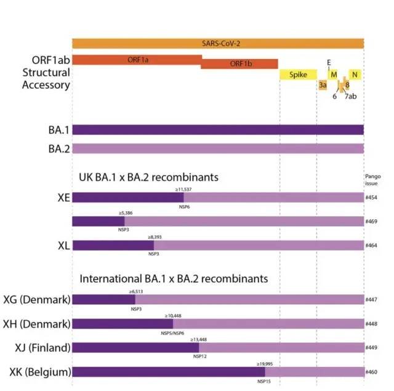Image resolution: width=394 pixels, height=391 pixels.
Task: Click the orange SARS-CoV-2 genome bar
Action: point(217,44)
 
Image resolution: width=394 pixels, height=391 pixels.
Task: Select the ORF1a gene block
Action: point(137,59)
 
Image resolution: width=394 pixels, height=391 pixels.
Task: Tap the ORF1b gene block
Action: point(239,64)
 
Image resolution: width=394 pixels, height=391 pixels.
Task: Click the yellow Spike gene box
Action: point(298,75)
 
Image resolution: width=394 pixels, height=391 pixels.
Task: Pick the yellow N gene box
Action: point(354,75)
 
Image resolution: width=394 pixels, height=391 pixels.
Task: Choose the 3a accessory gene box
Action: point(323,85)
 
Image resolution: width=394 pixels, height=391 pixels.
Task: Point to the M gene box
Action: point(334,75)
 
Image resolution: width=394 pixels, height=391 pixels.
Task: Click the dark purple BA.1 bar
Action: point(217,130)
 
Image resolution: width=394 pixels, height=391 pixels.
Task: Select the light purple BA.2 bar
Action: point(217,148)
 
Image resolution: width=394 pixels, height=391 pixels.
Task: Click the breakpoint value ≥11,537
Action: point(183,190)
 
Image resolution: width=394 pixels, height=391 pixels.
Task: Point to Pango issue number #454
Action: point(371,198)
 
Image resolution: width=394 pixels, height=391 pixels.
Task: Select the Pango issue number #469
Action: point(371,222)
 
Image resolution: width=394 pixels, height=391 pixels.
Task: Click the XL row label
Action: point(63,245)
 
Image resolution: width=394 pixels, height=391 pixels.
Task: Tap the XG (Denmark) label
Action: point(36,300)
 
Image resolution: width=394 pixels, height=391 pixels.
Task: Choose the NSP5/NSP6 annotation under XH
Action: point(172,332)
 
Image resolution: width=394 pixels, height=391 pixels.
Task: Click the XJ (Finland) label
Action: point(38,348)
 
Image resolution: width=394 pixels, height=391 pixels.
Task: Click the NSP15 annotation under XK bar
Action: point(265,381)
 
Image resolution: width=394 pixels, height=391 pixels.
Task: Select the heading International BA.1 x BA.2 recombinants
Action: point(174,278)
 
